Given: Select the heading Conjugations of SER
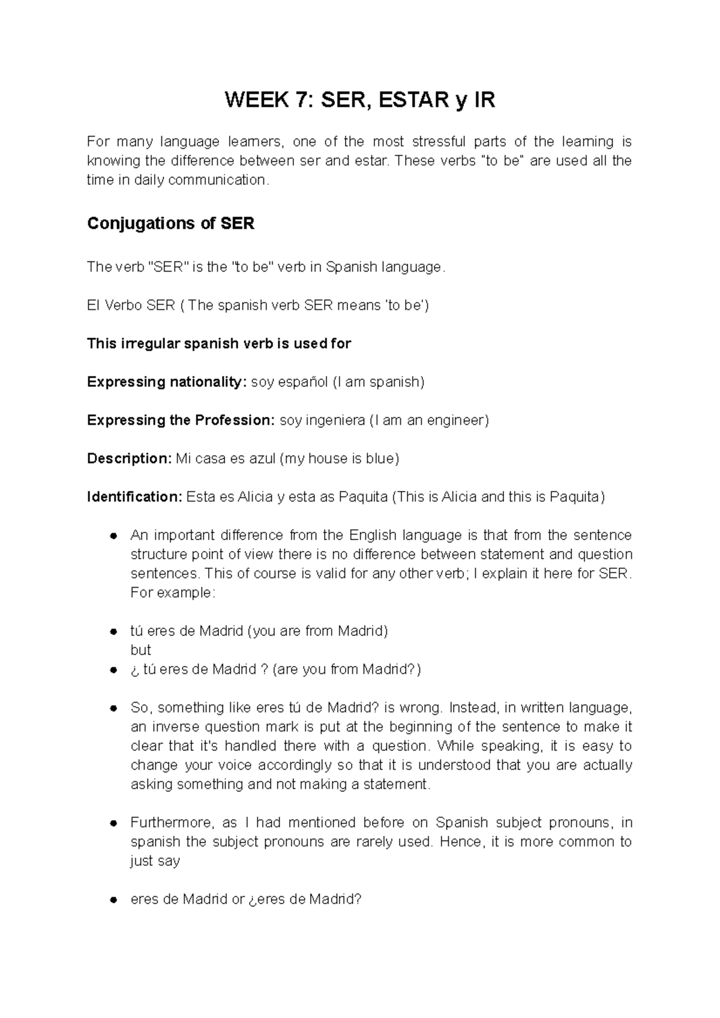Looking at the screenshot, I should click(x=171, y=224).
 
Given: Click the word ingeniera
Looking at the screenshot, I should click(x=335, y=420).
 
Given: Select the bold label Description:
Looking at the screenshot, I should click(x=129, y=459).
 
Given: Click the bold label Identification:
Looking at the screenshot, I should click(x=134, y=497).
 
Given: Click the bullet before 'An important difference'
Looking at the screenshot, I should click(x=112, y=535).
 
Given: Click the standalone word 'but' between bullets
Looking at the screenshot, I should click(x=140, y=650).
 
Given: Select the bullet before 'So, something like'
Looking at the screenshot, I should click(x=112, y=708).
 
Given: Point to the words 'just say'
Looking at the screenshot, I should click(x=155, y=861).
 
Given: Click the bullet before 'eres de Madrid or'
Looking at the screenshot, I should click(x=112, y=900).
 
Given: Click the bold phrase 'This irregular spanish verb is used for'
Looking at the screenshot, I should click(x=219, y=344).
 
